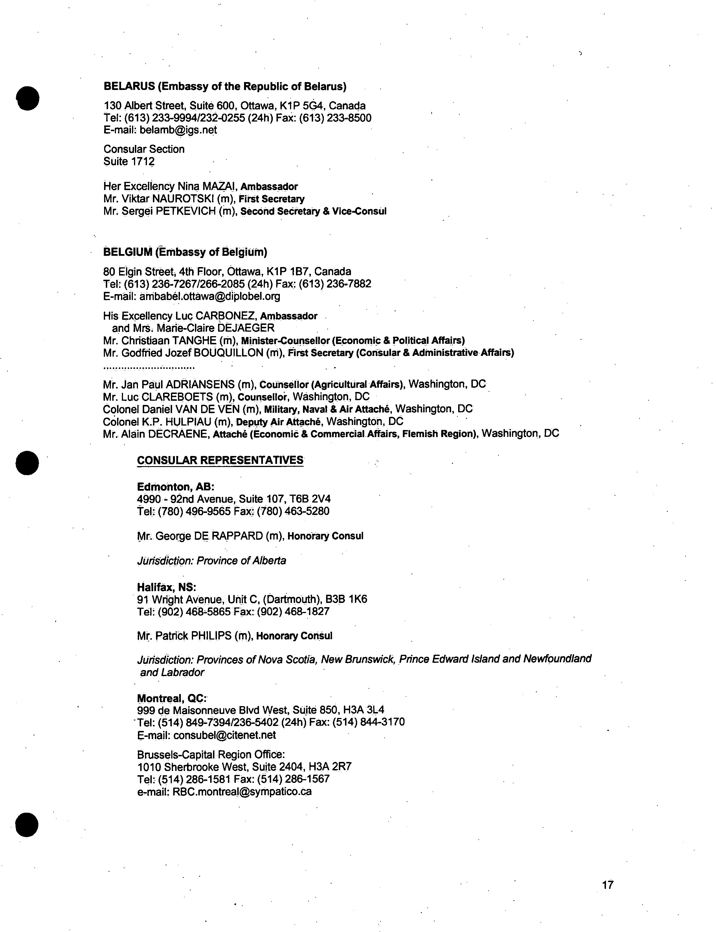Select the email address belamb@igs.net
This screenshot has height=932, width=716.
[x=178, y=130]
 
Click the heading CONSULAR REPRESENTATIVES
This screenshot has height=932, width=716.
[x=220, y=460]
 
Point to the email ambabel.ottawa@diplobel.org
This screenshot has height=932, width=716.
[x=210, y=296]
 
